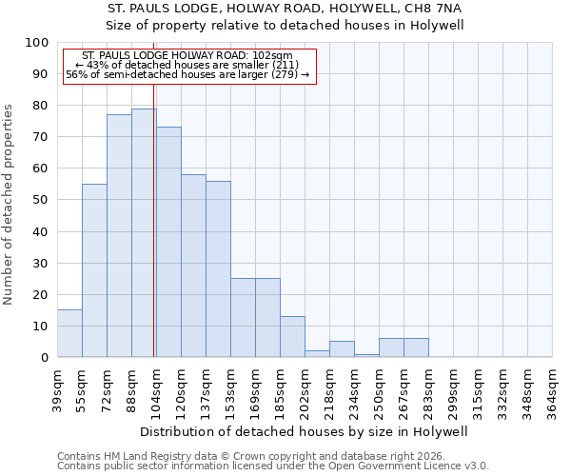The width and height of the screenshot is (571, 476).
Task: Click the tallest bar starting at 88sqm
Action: (144, 233)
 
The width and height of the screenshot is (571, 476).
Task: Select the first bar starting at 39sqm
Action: (69, 333)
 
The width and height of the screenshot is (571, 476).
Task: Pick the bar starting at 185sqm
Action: (292, 337)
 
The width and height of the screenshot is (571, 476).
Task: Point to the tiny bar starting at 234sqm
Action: (366, 355)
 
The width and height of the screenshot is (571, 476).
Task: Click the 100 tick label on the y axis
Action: (36, 43)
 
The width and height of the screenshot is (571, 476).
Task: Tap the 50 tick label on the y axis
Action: (40, 200)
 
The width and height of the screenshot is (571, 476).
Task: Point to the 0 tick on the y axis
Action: (44, 357)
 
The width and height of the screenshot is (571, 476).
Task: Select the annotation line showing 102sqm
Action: (187, 56)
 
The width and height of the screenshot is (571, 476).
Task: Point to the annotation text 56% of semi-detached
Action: (187, 74)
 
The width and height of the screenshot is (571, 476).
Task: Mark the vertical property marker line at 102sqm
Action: (153, 238)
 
